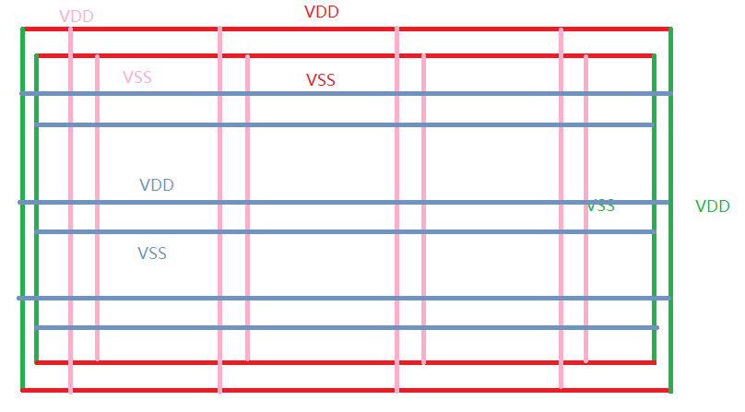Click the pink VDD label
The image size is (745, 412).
(76, 17)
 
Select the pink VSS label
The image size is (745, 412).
(137, 77)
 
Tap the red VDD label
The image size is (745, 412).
(321, 12)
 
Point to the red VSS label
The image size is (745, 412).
(321, 80)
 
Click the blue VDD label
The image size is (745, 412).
(157, 185)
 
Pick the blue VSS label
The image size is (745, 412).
(152, 253)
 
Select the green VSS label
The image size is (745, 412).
(600, 206)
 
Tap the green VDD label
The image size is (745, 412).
(713, 206)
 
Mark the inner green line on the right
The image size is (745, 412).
(654, 277)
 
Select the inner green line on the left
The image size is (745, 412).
(36, 277)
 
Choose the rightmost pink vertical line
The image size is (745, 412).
(585, 277)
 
